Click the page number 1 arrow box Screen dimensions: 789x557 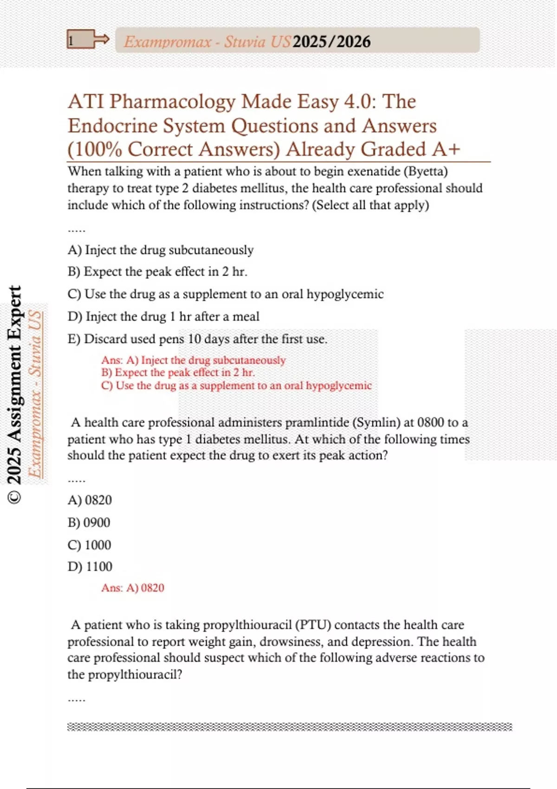[88, 40]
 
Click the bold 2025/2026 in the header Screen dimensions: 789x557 [331, 42]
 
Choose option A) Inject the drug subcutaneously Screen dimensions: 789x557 [161, 250]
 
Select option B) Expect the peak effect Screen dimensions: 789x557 [157, 272]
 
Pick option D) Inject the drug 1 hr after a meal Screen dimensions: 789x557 [163, 317]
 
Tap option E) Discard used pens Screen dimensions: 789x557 [197, 339]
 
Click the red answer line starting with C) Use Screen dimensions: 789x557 [236, 386]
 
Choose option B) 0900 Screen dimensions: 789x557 [89, 523]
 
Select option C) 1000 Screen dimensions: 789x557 [90, 545]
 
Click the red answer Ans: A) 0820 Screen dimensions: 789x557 [133, 588]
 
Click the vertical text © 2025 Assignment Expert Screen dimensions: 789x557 [15, 394]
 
